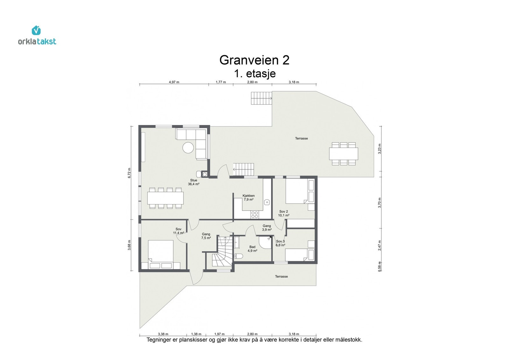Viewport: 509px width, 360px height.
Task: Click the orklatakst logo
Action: coord(37,36)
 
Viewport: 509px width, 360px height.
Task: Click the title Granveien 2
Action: coord(254,60)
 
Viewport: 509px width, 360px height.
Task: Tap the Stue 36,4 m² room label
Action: coord(193,182)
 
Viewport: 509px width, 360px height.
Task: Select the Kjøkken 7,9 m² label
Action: coord(248,198)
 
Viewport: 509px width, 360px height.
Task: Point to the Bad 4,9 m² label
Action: coord(252,249)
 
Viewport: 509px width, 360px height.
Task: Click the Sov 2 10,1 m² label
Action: coord(283,213)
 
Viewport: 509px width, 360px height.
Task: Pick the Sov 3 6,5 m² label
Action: coord(280,243)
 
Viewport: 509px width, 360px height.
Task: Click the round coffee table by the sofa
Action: coord(188,148)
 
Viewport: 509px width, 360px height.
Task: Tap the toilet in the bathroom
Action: coord(239,256)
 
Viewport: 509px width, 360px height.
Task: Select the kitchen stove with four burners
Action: coord(254,215)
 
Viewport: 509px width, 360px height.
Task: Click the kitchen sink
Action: coord(267,202)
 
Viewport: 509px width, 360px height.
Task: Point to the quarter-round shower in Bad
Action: coord(264,242)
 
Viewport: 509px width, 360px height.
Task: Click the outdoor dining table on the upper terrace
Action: coord(343,154)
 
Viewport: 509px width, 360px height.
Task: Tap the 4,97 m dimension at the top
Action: coord(174,82)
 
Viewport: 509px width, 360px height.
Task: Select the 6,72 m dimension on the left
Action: coord(129,173)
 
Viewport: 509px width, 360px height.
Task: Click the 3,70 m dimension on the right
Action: coord(380,203)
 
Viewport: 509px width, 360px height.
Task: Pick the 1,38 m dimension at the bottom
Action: coord(196,334)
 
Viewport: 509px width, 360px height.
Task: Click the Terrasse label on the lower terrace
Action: coord(281,277)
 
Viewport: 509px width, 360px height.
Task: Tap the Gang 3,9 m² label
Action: coord(267,228)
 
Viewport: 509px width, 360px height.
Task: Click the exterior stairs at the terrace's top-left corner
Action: coord(261,98)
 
